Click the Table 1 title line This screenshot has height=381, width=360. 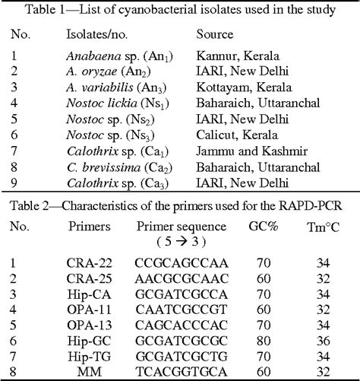click(x=180, y=8)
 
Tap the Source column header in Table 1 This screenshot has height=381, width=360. click(x=215, y=35)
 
